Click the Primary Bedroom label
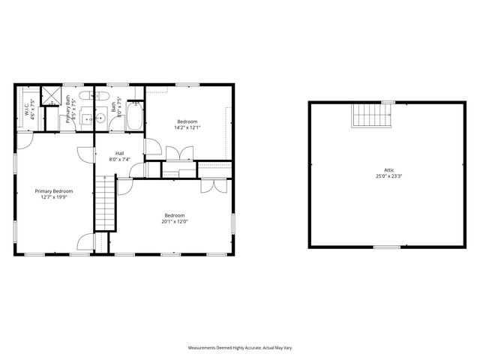[53, 191]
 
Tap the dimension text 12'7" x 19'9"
[53, 198]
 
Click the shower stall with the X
[52, 95]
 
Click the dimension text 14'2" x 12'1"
[187, 128]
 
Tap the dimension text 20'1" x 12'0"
[174, 221]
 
